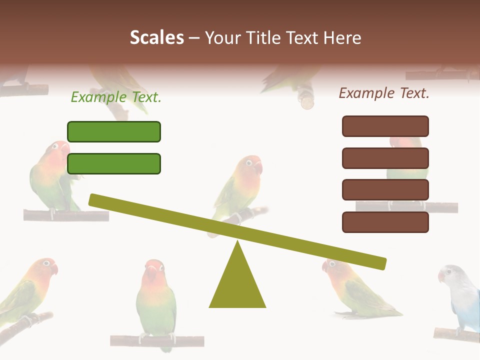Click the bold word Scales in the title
157,37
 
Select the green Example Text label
116,97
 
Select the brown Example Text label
384,93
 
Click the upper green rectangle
114,131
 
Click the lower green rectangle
114,163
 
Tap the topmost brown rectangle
385,126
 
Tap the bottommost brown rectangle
385,222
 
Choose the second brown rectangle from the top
385,158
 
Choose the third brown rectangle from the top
385,190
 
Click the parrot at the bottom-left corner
27,290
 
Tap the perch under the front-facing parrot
157,341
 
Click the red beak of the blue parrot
441,275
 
